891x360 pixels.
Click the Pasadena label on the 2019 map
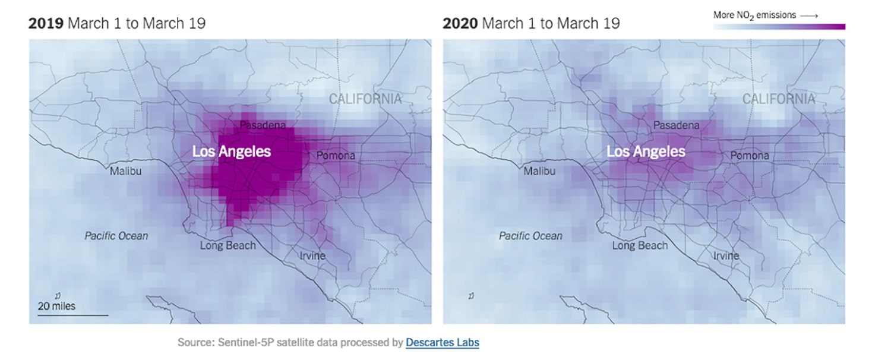pyautogui.click(x=263, y=125)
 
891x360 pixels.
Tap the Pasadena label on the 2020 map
pyautogui.click(x=676, y=125)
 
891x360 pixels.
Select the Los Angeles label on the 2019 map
pyautogui.click(x=232, y=151)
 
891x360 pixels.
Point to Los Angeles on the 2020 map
pyautogui.click(x=646, y=151)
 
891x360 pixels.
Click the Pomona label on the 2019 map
pyautogui.click(x=336, y=156)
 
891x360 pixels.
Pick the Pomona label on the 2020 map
pyautogui.click(x=749, y=156)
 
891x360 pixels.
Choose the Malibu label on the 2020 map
pyautogui.click(x=539, y=172)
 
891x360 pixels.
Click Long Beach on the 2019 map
pyautogui.click(x=228, y=245)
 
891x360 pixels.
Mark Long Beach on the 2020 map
pyautogui.click(x=640, y=245)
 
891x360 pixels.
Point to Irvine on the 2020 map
pyautogui.click(x=726, y=255)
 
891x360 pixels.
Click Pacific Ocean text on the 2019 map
pyautogui.click(x=116, y=236)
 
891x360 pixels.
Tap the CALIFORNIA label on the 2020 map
pyautogui.click(x=779, y=99)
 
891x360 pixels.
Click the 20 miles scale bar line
pyautogui.click(x=73, y=315)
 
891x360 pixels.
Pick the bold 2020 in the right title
pyautogui.click(x=460, y=24)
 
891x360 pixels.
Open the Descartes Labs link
pyautogui.click(x=442, y=343)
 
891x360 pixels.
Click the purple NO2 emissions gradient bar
pyautogui.click(x=779, y=26)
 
